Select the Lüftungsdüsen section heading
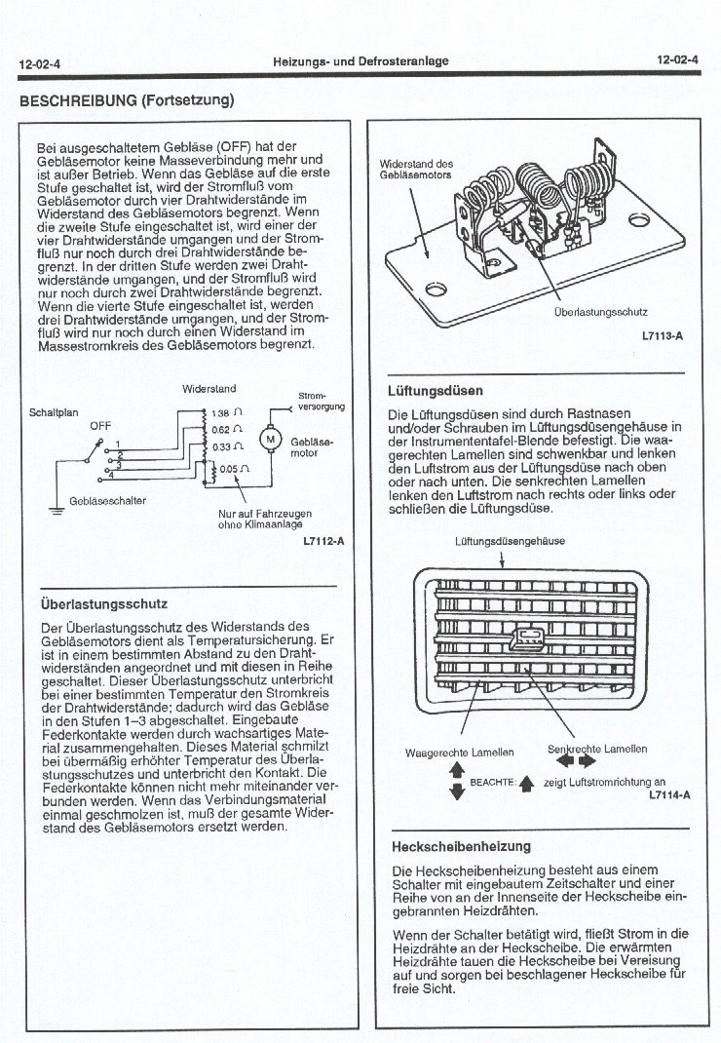point(435,391)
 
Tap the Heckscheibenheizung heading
point(461,846)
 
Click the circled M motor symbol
point(266,439)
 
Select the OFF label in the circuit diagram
point(101,426)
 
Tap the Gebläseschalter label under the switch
point(108,500)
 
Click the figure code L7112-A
point(323,541)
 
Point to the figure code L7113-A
point(663,336)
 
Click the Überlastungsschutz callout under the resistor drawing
point(599,312)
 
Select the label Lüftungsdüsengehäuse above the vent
point(501,541)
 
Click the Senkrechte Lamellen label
point(596,749)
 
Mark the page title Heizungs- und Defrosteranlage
point(360,61)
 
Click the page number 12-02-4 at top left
point(39,64)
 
